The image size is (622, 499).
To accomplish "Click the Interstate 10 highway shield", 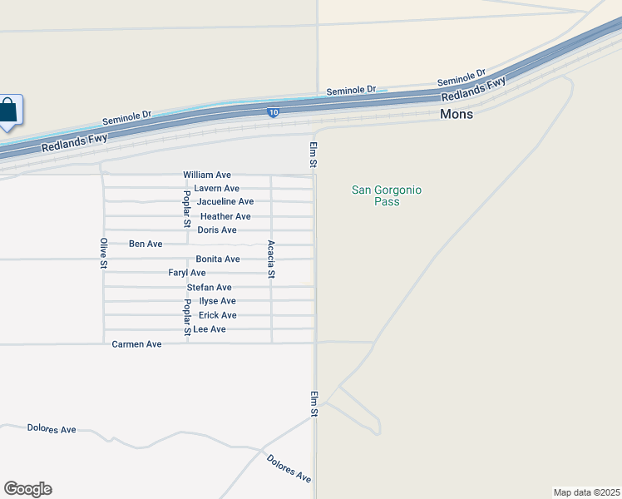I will [273, 112].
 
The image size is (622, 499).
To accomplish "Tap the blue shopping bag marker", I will [7, 111].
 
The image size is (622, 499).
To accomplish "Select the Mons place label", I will [457, 114].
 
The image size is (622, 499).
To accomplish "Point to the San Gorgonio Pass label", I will [387, 195].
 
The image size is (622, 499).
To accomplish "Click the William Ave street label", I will [207, 175].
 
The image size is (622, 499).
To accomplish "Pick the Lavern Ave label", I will [217, 189].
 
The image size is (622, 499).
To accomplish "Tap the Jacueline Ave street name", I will [225, 202].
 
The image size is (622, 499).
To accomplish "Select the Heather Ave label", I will [225, 216].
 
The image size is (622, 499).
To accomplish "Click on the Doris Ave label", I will [217, 230].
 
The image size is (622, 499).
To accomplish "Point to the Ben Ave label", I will [146, 245].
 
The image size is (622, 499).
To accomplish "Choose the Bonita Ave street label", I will [218, 259].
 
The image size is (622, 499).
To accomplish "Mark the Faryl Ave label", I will [187, 273].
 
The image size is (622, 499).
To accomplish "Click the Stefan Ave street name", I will [209, 288].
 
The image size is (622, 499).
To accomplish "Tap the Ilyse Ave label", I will [218, 301].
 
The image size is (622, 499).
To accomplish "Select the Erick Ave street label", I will [218, 315].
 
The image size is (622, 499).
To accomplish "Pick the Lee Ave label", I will [210, 329].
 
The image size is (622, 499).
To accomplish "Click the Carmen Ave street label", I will [136, 344].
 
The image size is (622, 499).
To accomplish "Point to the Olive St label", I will [104, 253].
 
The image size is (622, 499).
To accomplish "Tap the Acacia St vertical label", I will [271, 259].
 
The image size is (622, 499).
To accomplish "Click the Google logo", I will [27, 489].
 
